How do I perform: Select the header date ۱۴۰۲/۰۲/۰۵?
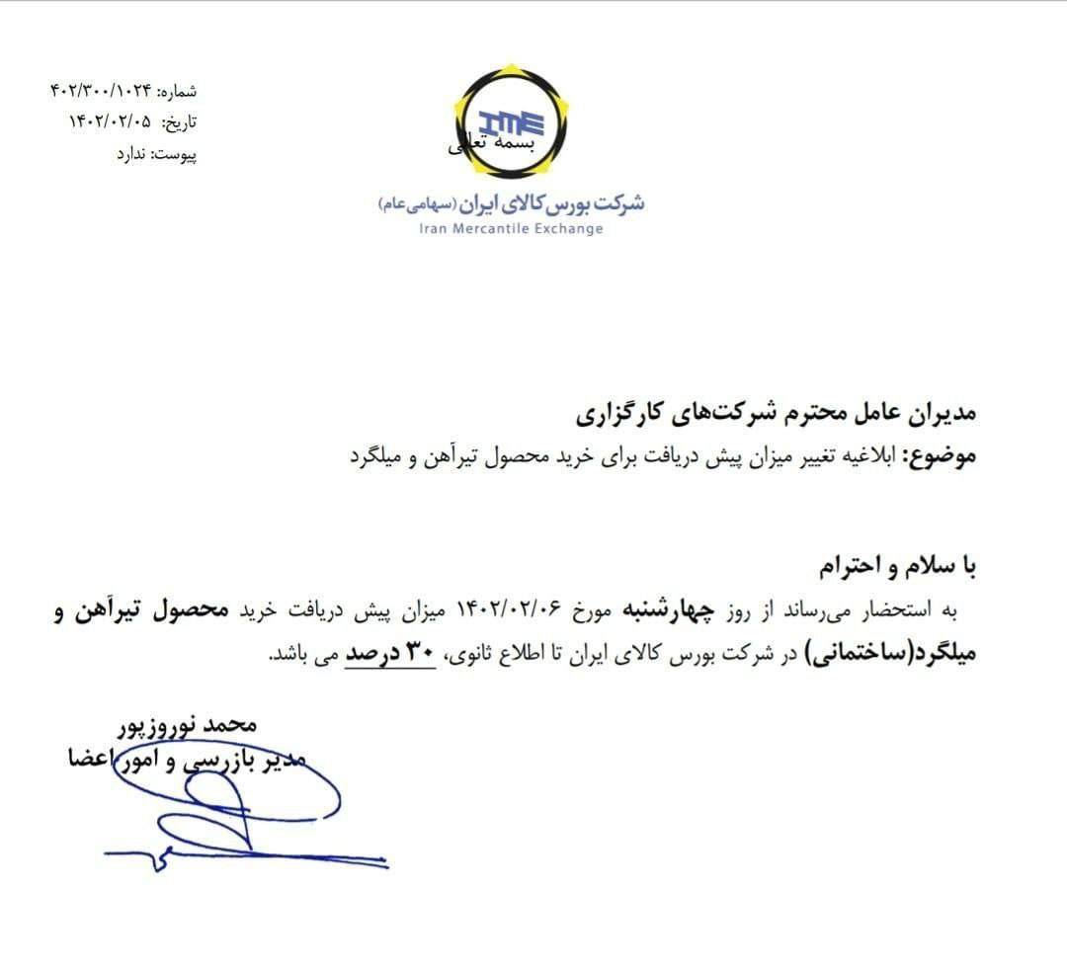click(x=110, y=122)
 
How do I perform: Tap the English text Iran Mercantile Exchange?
click(x=511, y=229)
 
